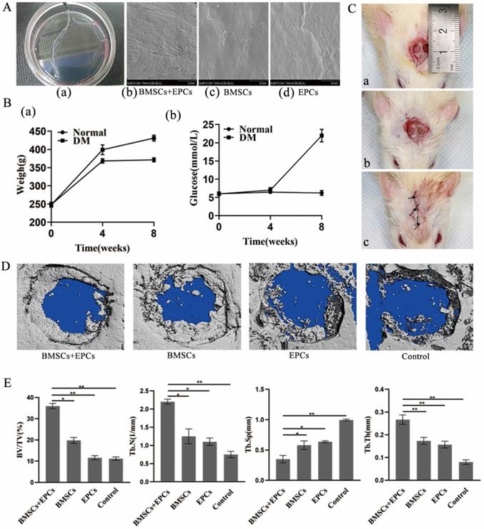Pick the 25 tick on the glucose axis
pyautogui.click(x=207, y=124)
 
